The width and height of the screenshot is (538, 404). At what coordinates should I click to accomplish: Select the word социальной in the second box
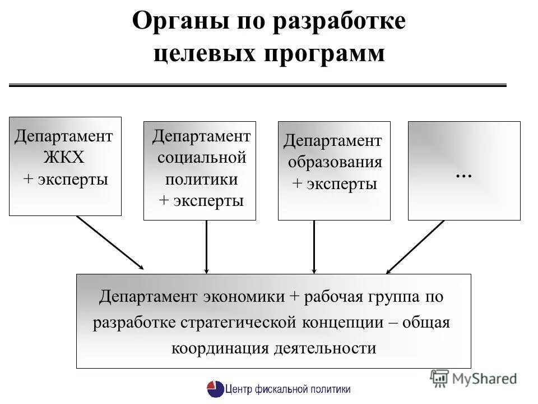pyautogui.click(x=202, y=157)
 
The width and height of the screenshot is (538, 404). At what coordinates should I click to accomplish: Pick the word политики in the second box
pyautogui.click(x=201, y=179)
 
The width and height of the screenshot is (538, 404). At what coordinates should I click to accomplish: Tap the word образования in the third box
pyautogui.click(x=335, y=162)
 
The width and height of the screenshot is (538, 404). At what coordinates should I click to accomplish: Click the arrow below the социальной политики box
pyautogui.click(x=207, y=247)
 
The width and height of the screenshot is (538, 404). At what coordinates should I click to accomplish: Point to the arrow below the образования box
pyautogui.click(x=314, y=247)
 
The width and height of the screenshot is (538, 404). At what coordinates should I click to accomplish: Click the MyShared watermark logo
pyautogui.click(x=474, y=379)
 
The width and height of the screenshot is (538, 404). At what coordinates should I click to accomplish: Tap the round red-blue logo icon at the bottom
pyautogui.click(x=215, y=389)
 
